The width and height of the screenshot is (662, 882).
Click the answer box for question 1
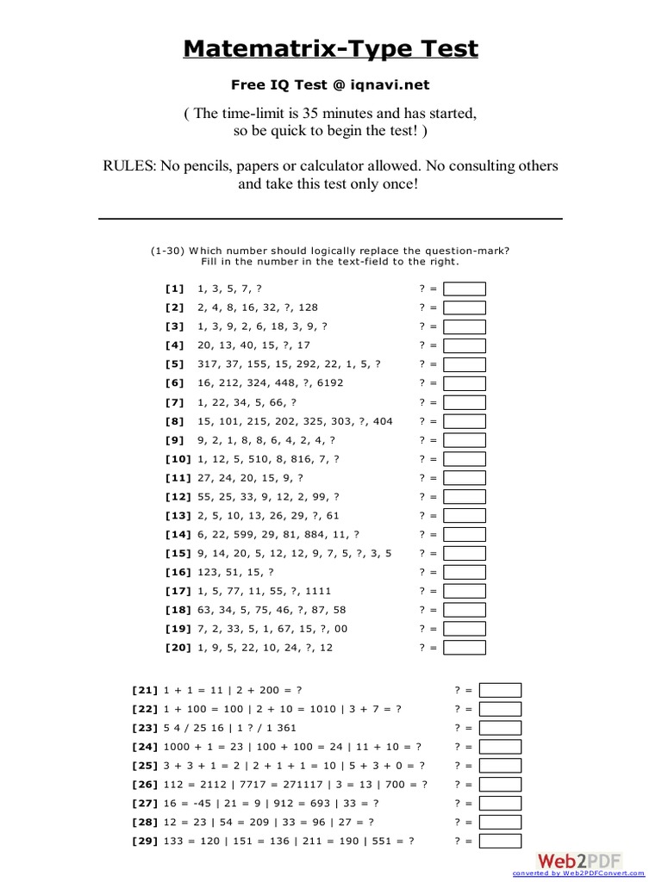(x=465, y=289)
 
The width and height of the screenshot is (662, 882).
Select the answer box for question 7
(x=465, y=402)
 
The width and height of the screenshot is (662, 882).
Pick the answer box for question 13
(x=465, y=515)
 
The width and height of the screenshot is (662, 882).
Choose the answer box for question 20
(x=465, y=648)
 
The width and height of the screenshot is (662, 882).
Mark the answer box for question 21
(x=500, y=690)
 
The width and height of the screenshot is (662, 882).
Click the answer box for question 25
(x=500, y=766)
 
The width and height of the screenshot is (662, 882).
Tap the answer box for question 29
(x=500, y=842)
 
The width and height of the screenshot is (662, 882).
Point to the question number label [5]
(x=175, y=364)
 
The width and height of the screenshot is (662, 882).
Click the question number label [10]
(x=178, y=459)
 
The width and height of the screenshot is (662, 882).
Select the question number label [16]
(x=178, y=572)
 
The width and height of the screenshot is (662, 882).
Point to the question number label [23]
(x=145, y=728)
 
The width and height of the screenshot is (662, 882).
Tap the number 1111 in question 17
(x=316, y=591)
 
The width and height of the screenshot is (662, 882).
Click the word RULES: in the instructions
(x=128, y=165)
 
